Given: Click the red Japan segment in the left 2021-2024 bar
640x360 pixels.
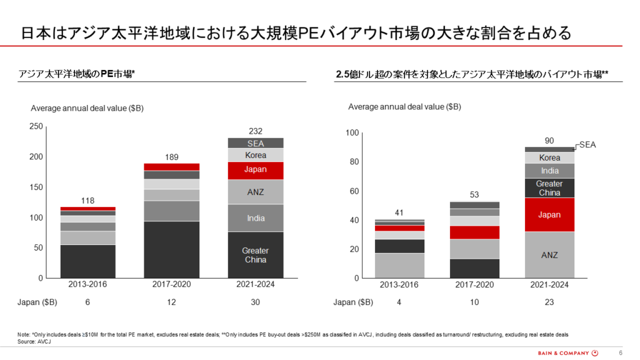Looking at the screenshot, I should point(255,170).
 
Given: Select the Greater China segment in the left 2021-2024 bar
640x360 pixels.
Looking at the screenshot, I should point(255,255).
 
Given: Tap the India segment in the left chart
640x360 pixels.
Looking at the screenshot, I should point(255,218).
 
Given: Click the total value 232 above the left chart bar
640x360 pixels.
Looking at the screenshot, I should point(255,131).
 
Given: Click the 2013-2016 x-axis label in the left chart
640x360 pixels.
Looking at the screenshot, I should point(87,284).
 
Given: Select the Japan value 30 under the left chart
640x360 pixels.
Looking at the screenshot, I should point(255,302).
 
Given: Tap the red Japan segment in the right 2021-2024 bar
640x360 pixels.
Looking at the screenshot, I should point(549,214).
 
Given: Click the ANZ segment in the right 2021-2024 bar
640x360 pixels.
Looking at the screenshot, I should point(549,255).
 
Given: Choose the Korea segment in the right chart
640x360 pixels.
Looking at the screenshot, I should point(549,158).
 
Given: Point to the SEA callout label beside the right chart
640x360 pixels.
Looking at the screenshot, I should point(587,144).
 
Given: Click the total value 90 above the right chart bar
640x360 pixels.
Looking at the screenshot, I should point(549,140).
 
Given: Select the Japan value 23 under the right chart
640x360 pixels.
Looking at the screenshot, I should point(549,302).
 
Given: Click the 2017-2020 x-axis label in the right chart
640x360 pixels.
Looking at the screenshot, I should point(474,284).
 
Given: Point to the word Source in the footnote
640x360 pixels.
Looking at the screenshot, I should point(26,341).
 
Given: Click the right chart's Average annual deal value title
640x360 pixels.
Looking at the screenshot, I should point(404,107).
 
